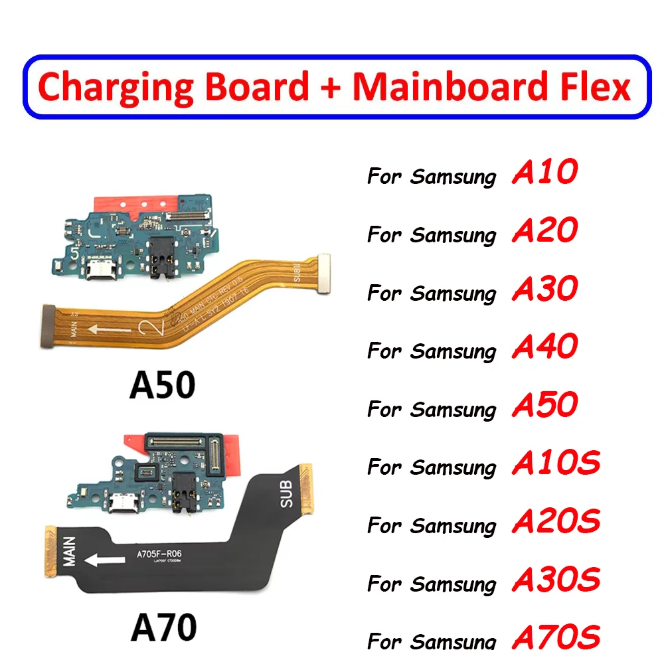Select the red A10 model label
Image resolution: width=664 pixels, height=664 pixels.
point(544,173)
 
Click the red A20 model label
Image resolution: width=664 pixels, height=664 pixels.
point(544,231)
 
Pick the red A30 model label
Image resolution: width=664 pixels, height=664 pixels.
point(544,289)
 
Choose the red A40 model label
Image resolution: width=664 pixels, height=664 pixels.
point(544,347)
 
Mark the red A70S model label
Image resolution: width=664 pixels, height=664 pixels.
point(556,637)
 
